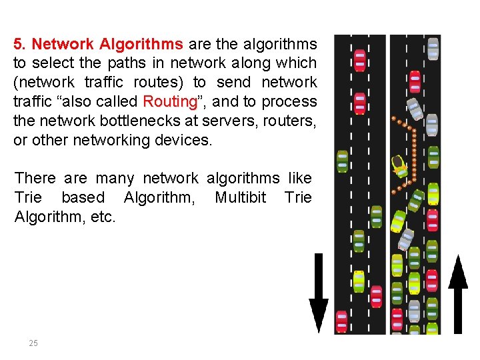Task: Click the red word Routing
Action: tap(170, 102)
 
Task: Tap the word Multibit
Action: tap(240, 197)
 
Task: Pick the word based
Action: tap(83, 197)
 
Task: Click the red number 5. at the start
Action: tap(19, 45)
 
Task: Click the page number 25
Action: tap(33, 343)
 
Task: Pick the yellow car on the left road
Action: tap(359, 281)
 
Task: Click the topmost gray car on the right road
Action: tap(433, 48)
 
